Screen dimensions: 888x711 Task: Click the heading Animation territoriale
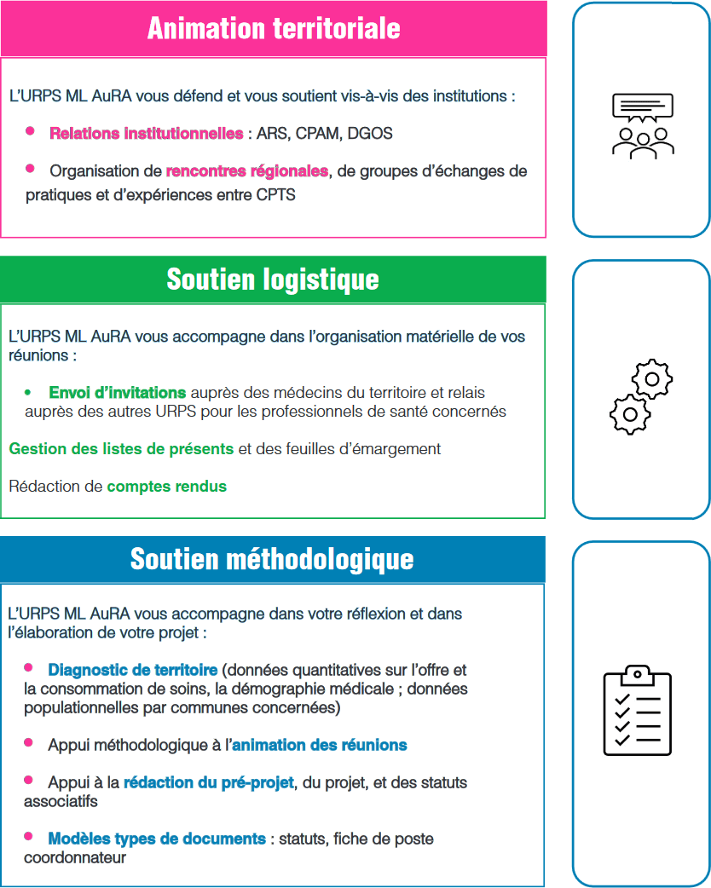click(x=273, y=28)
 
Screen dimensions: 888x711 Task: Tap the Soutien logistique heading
click(x=273, y=279)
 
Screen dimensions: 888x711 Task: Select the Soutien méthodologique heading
click(x=272, y=559)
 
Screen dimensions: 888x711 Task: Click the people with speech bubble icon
click(x=642, y=125)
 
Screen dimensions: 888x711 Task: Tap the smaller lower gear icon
click(x=629, y=414)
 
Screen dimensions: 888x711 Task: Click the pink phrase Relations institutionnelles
click(x=146, y=134)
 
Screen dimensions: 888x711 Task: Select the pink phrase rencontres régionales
click(x=246, y=171)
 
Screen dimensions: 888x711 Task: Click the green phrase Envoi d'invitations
click(x=117, y=393)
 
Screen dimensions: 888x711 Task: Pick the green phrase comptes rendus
click(x=166, y=487)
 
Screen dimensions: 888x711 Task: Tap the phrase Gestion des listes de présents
click(x=121, y=448)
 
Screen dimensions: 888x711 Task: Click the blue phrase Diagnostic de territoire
click(x=132, y=670)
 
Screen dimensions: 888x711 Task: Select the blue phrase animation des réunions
click(x=319, y=745)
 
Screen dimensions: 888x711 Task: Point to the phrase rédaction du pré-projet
click(x=209, y=782)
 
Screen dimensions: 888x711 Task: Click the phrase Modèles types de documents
click(x=156, y=839)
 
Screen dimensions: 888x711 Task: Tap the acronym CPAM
click(x=320, y=134)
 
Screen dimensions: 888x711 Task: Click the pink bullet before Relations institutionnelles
click(x=30, y=130)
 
